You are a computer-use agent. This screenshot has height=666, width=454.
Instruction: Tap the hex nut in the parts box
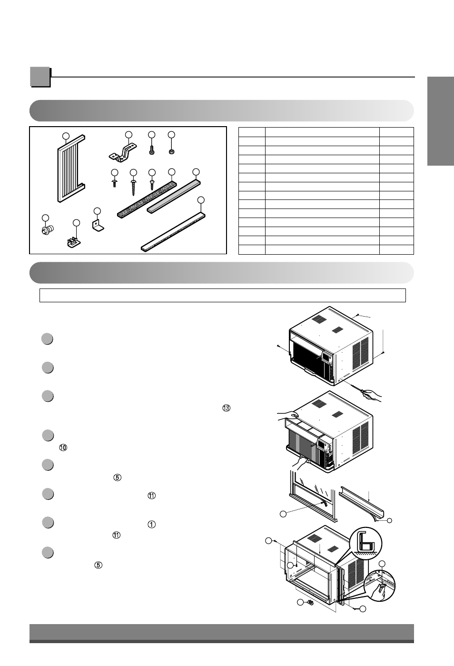point(171,152)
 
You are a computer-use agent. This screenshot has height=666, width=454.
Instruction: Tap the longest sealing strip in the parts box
point(173,232)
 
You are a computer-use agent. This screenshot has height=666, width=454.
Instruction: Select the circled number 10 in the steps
point(63,447)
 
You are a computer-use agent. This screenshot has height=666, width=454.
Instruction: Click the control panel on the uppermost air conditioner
point(327,357)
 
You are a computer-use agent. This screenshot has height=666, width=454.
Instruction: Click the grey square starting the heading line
point(40,77)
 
